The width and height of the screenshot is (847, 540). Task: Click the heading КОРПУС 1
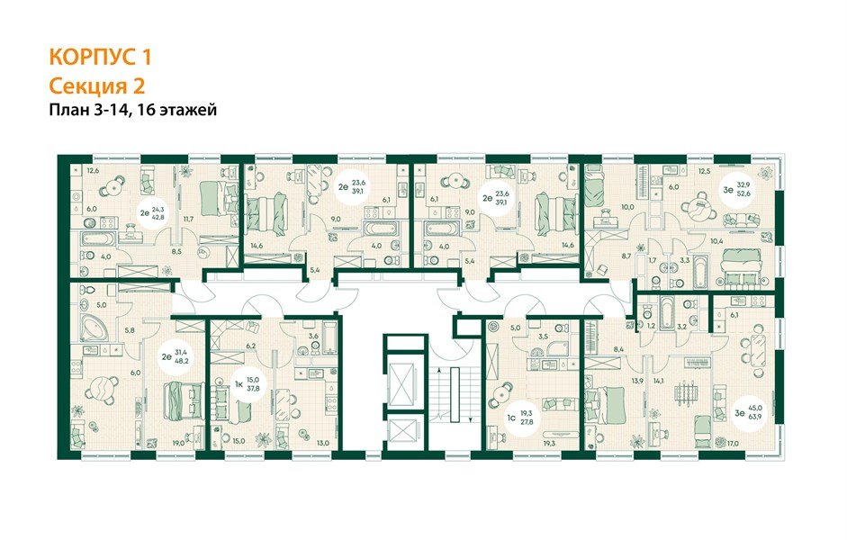100,58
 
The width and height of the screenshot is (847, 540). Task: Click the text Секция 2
96,85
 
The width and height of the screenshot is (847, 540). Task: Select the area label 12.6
92,169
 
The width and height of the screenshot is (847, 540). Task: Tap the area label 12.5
705,169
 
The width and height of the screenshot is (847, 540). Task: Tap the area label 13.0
322,442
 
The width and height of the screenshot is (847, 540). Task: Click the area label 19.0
178,442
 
